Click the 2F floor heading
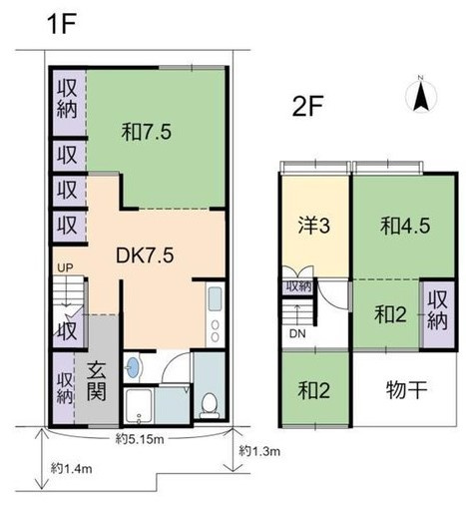[x=300, y=104]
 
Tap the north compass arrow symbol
[x=420, y=96]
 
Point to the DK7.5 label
[x=147, y=255]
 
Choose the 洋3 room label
[x=314, y=226]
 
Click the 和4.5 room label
[x=404, y=226]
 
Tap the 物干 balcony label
[x=406, y=388]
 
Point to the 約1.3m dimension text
[x=259, y=451]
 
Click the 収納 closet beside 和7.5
[x=67, y=98]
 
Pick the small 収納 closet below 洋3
[x=298, y=286]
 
